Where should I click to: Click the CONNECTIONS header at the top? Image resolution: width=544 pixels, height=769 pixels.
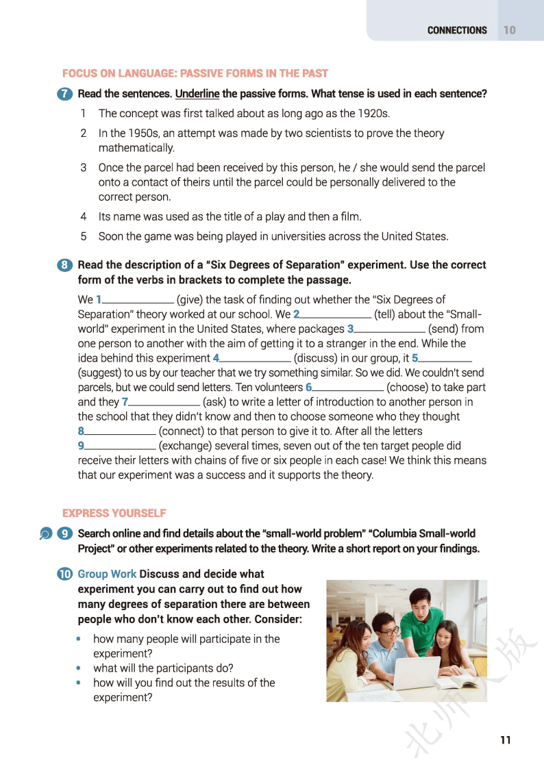click(457, 30)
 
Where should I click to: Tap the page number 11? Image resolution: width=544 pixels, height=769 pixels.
click(506, 740)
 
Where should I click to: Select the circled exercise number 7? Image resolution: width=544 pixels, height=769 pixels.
click(66, 94)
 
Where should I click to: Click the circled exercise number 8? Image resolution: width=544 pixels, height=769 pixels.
click(66, 265)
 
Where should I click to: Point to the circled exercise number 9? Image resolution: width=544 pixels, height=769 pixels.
click(66, 533)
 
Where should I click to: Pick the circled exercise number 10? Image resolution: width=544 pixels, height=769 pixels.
click(66, 574)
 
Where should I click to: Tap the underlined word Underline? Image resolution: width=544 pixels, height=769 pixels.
click(197, 94)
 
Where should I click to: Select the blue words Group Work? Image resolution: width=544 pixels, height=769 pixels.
click(107, 574)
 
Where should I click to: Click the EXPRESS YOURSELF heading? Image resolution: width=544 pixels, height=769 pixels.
click(114, 513)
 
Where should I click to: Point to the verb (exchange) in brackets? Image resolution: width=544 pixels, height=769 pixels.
click(186, 446)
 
